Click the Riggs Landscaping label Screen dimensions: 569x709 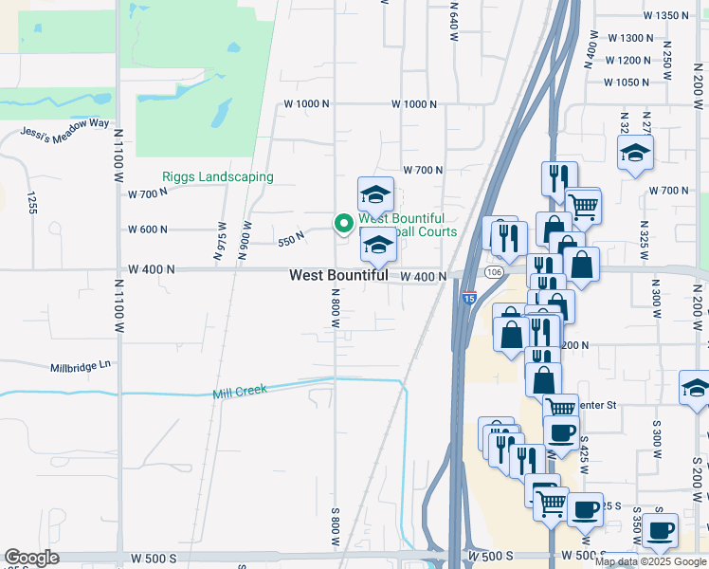(218, 176)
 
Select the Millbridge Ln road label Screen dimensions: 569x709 (81, 364)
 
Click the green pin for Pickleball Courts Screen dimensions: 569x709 (343, 224)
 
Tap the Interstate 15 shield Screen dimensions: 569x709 (470, 298)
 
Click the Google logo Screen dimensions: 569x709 (32, 558)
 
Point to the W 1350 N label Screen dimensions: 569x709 (665, 15)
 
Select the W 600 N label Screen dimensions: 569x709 (148, 229)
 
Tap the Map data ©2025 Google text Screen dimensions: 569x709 (650, 561)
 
